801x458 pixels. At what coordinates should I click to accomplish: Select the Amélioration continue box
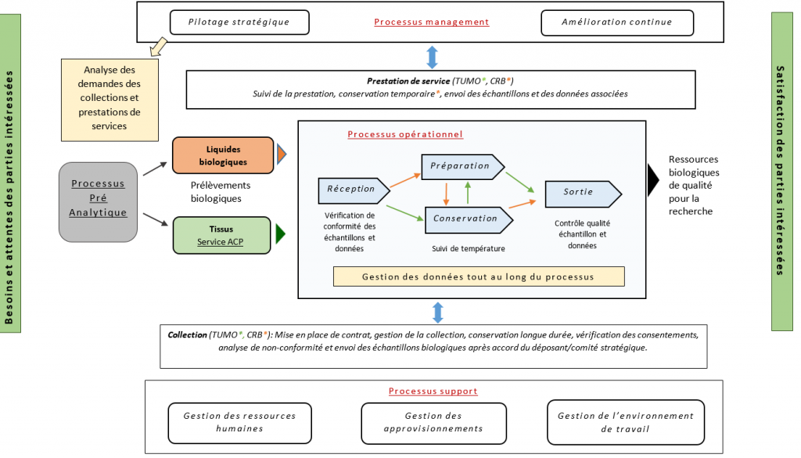coord(616,22)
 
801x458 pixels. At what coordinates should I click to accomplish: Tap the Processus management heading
coord(431,22)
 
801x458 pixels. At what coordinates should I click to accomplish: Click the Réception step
coord(351,189)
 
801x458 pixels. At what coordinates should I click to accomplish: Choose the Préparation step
coord(461,166)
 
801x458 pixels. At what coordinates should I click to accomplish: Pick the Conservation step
coord(465,218)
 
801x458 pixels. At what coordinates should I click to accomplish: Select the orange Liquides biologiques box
coord(223,155)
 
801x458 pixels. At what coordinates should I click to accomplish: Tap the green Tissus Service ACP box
coord(223,236)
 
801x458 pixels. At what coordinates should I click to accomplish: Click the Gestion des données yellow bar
coord(478,276)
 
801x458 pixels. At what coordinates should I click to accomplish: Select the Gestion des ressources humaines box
coord(239,423)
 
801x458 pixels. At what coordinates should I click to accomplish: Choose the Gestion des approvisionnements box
coord(433,423)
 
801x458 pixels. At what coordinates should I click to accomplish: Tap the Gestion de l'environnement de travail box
coord(625,423)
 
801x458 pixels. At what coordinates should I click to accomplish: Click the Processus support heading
coord(433,391)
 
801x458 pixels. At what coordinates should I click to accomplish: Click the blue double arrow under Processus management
coord(432,57)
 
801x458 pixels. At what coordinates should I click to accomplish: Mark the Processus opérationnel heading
coord(405,134)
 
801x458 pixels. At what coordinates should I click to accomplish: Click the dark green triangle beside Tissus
coord(280,234)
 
